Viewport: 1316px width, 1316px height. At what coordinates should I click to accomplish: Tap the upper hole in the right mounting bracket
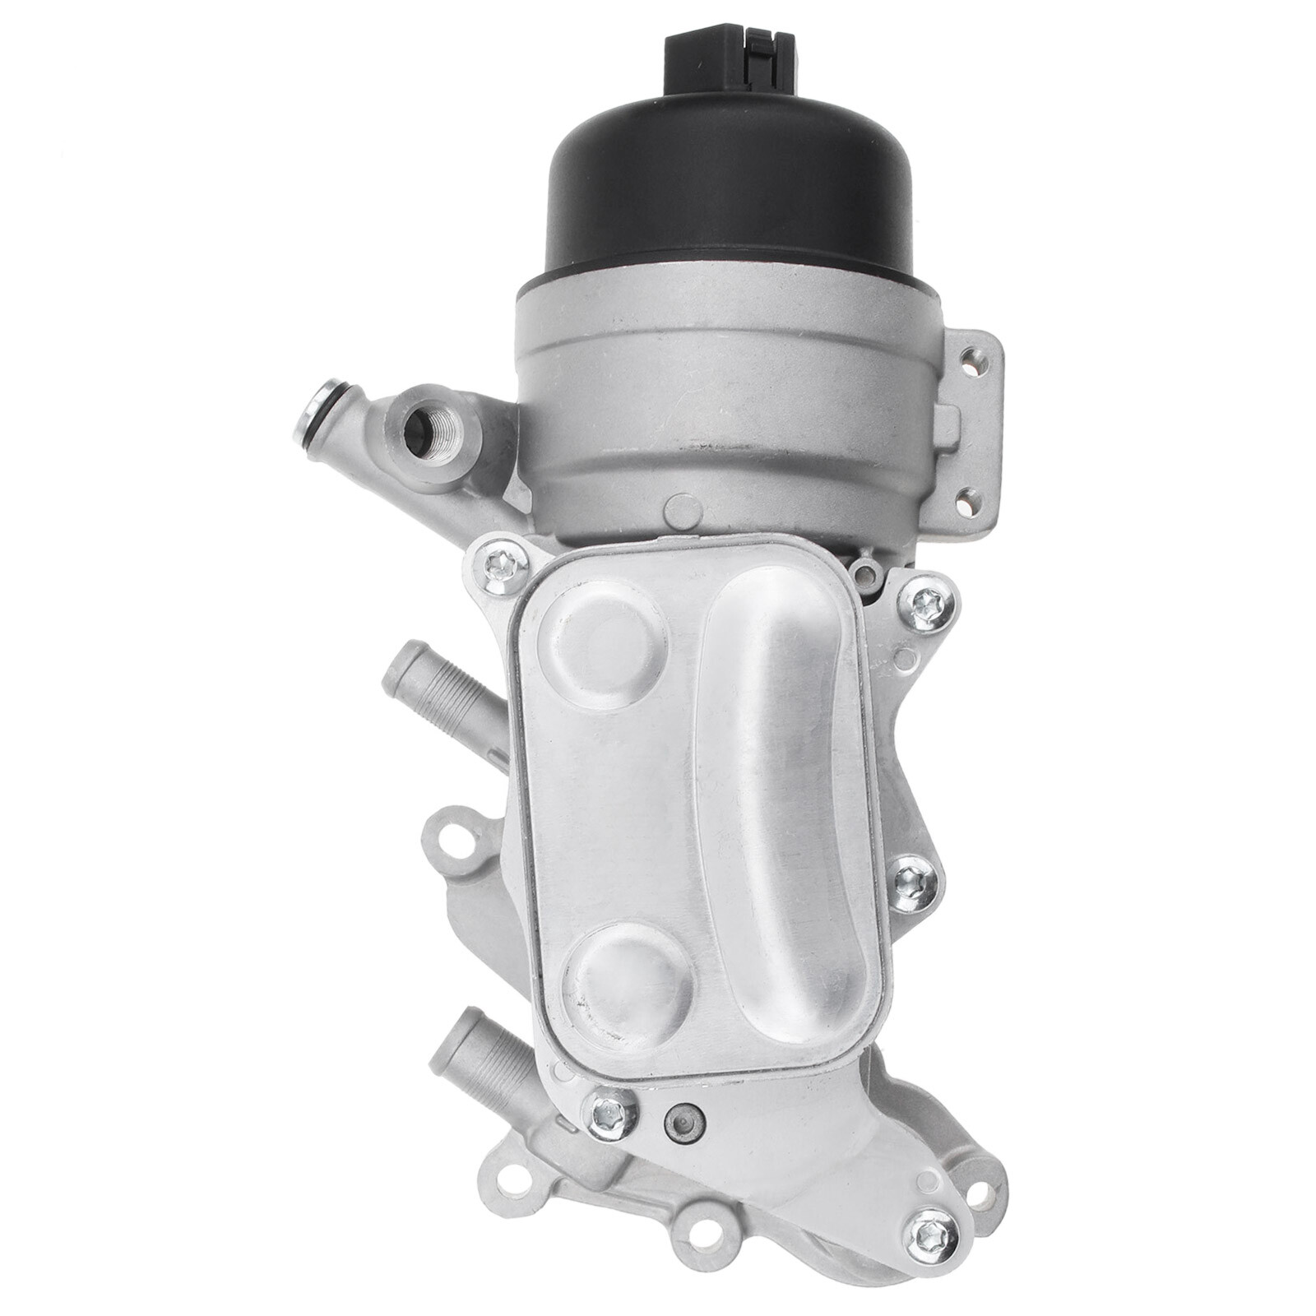point(975,357)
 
